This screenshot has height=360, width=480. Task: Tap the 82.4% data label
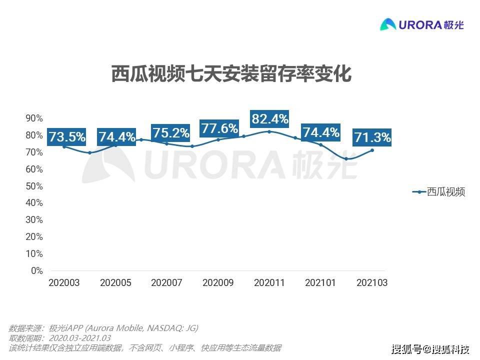(x=270, y=119)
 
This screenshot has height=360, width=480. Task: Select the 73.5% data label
(x=66, y=136)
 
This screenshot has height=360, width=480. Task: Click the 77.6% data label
(x=219, y=128)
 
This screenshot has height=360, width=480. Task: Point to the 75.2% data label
(x=170, y=133)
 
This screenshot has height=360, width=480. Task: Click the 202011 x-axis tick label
(x=269, y=283)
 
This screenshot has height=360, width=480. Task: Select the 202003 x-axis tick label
(x=64, y=283)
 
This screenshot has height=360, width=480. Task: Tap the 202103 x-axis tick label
(x=371, y=283)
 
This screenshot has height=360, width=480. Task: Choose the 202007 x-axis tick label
(x=166, y=283)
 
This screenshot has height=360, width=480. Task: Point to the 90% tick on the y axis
(x=34, y=118)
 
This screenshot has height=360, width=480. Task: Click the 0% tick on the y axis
(x=37, y=271)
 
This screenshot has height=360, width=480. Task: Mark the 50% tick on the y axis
(x=34, y=186)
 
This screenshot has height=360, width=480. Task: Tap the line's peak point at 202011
(x=269, y=131)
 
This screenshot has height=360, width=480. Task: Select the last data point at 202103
(x=372, y=150)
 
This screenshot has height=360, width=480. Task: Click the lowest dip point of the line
(x=346, y=158)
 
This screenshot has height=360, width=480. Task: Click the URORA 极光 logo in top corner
(x=422, y=24)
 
